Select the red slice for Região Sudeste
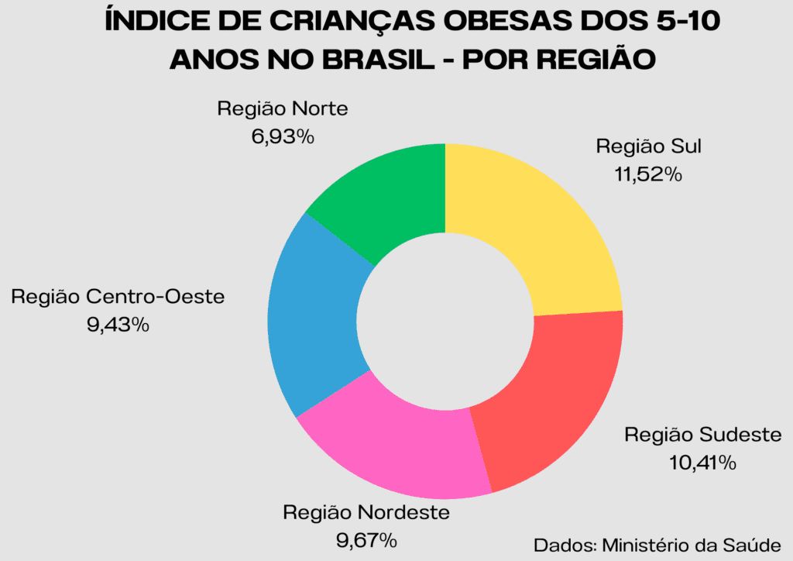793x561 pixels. point(546,395)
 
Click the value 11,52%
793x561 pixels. point(648,175)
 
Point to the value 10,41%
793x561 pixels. point(703,463)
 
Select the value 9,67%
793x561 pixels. point(366,539)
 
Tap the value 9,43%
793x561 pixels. point(118,325)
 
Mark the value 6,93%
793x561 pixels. point(282,137)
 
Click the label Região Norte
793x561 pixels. point(282,108)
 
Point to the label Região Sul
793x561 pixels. point(648,146)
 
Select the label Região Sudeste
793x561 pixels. point(703,435)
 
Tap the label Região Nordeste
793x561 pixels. point(366,512)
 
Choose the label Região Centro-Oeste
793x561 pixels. point(118,297)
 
